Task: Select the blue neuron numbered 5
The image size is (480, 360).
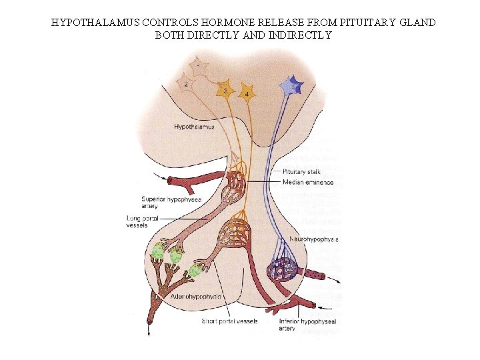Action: pos(291,86)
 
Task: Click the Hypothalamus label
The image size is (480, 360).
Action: pos(194,127)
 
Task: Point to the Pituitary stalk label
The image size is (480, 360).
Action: pos(301,171)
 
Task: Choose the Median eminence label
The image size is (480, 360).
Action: pos(308,182)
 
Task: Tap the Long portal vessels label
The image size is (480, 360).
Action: pos(141,221)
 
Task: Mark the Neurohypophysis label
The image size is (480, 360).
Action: pos(314,238)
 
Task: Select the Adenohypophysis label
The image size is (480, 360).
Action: pos(196,296)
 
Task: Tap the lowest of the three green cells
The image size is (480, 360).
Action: pos(195,271)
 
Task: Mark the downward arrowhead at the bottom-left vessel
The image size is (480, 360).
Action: pos(149,331)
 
